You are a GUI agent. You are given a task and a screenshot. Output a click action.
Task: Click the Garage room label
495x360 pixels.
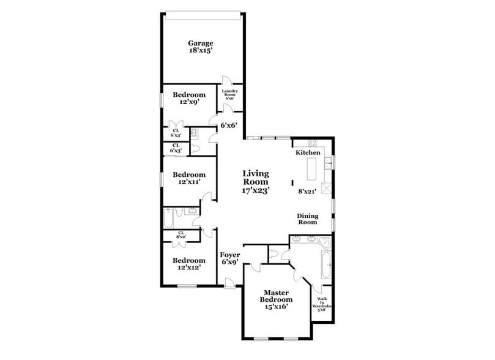pyautogui.click(x=201, y=43)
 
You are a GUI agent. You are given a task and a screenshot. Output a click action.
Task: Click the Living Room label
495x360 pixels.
pyautogui.click(x=256, y=178)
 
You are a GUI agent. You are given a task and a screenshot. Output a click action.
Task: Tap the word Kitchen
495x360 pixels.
pyautogui.click(x=308, y=152)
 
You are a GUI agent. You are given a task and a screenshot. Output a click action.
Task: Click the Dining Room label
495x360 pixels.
pyautogui.click(x=307, y=219)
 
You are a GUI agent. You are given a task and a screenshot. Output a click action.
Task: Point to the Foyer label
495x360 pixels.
pyautogui.click(x=229, y=255)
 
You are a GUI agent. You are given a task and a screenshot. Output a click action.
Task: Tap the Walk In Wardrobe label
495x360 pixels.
pyautogui.click(x=322, y=304)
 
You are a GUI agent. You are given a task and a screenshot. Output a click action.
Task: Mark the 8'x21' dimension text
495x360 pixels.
pyautogui.click(x=306, y=191)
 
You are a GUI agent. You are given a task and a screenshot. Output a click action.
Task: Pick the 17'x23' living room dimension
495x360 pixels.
pyautogui.click(x=256, y=190)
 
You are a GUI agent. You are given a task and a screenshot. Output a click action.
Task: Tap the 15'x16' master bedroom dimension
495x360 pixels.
pyautogui.click(x=277, y=307)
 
